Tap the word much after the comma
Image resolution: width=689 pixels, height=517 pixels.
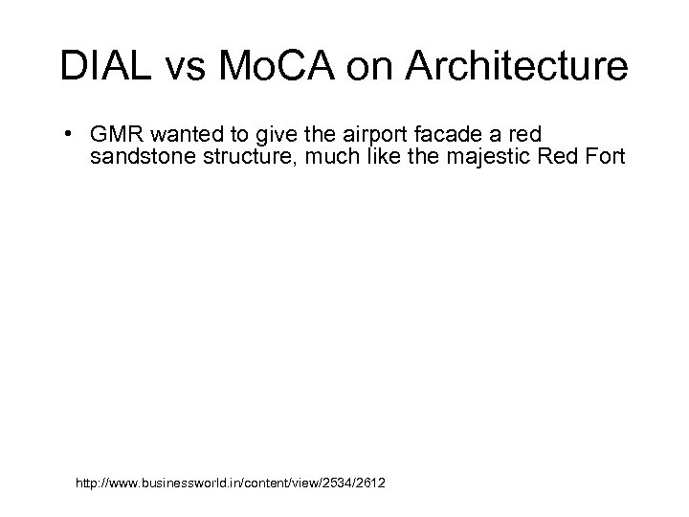click(328, 157)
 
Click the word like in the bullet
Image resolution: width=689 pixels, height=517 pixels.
click(380, 157)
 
